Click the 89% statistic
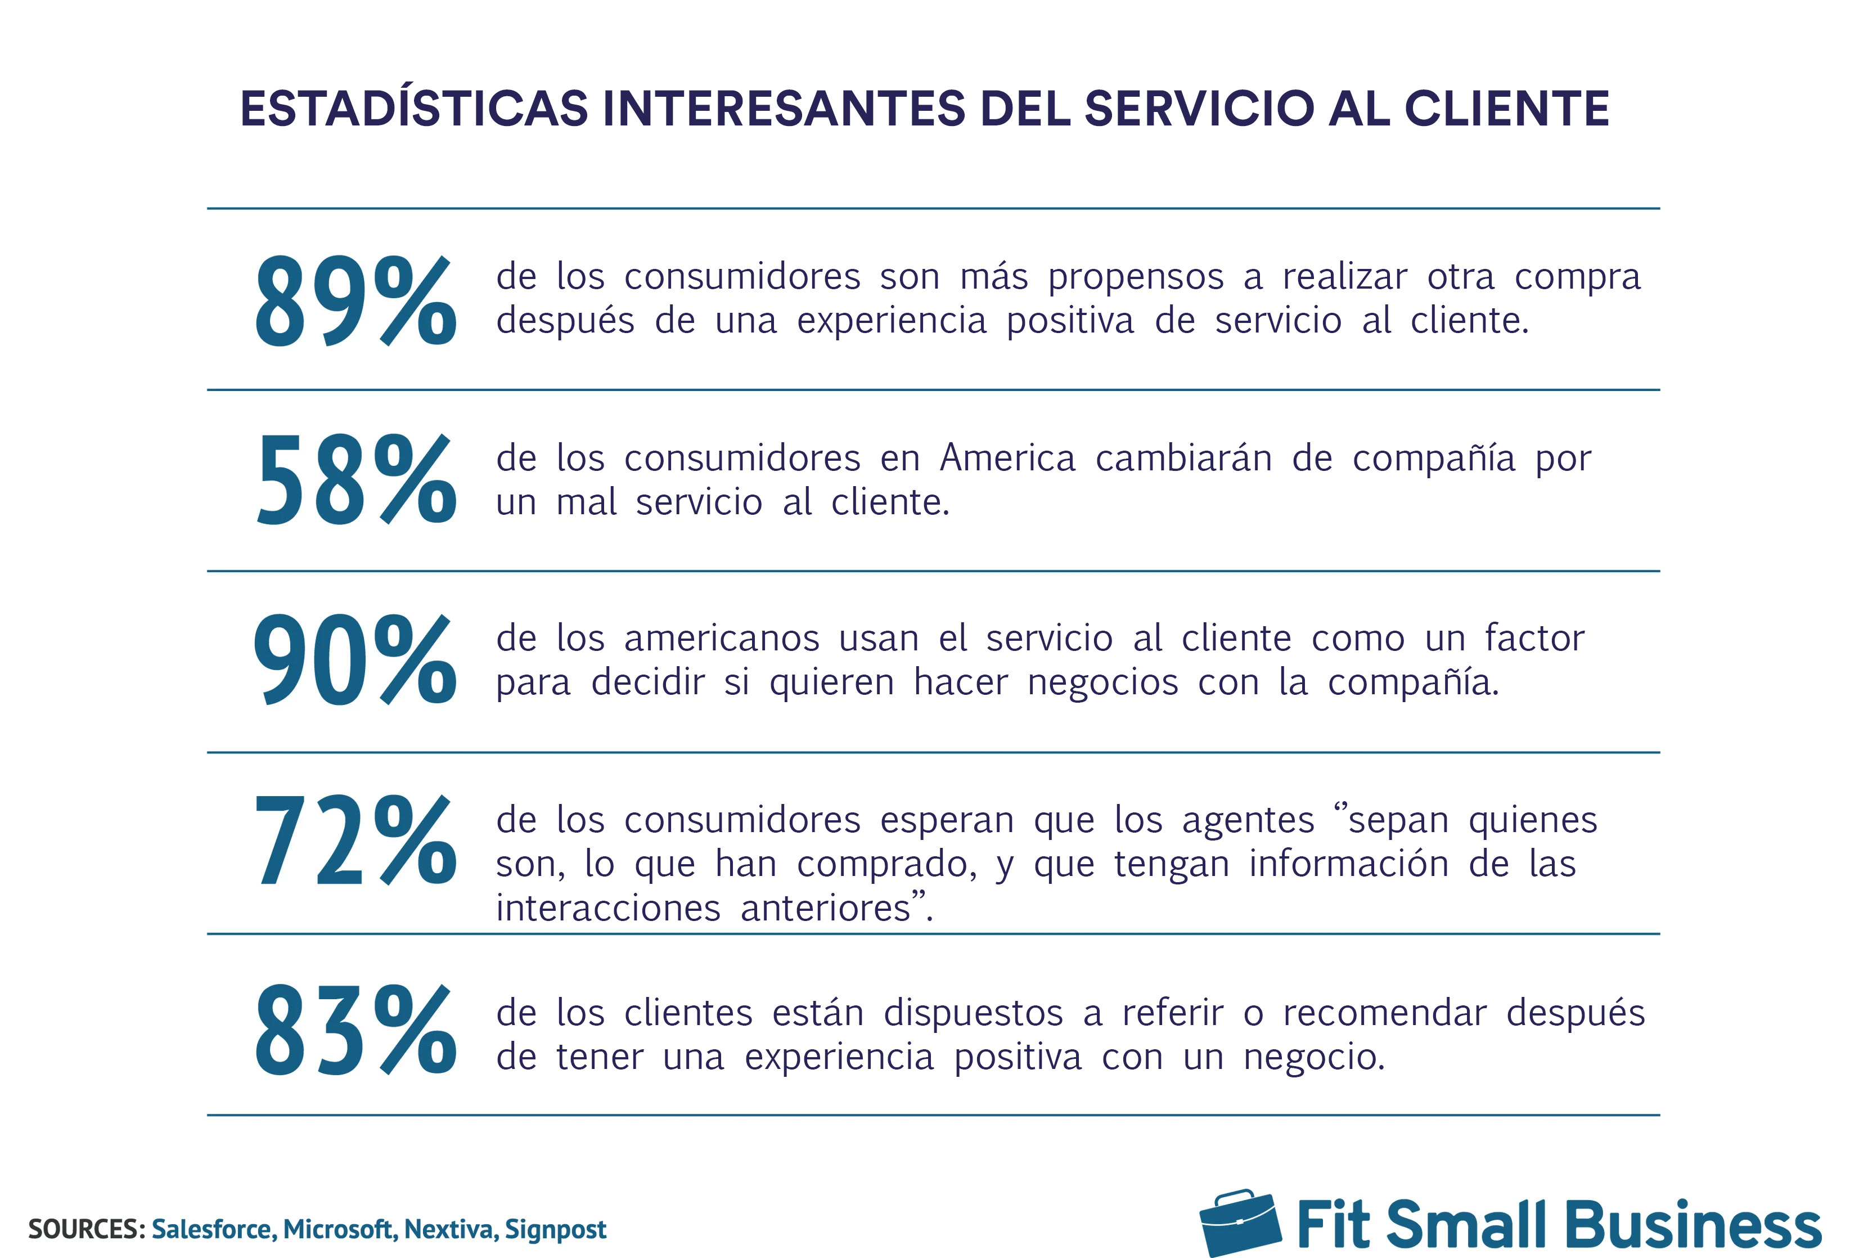tap(355, 301)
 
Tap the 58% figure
tap(355, 480)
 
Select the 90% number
tap(355, 661)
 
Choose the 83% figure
tap(355, 1030)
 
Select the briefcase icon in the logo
tap(1240, 1223)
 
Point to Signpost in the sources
tap(556, 1229)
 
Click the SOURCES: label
tap(86, 1229)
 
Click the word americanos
tap(721, 639)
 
